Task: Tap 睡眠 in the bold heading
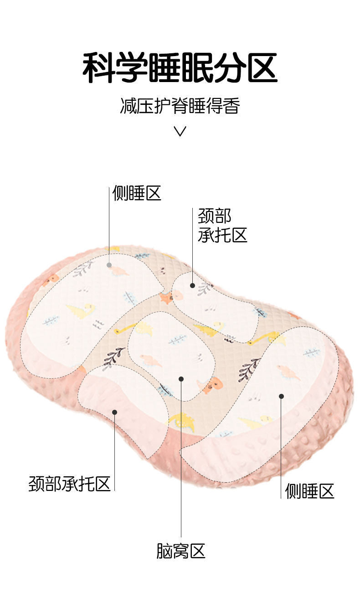coord(180,68)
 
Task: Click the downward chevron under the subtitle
coord(180,132)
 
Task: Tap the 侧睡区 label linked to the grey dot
coord(137,194)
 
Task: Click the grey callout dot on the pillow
coord(109,265)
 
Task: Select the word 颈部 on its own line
coord(215,216)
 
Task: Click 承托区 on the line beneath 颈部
coord(223,235)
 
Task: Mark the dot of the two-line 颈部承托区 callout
coord(192,286)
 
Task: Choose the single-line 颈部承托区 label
coord(70,484)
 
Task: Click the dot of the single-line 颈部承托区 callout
coord(115,412)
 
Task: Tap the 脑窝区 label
coord(181,551)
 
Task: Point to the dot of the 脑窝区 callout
coord(181,379)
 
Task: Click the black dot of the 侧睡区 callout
coord(281,396)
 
